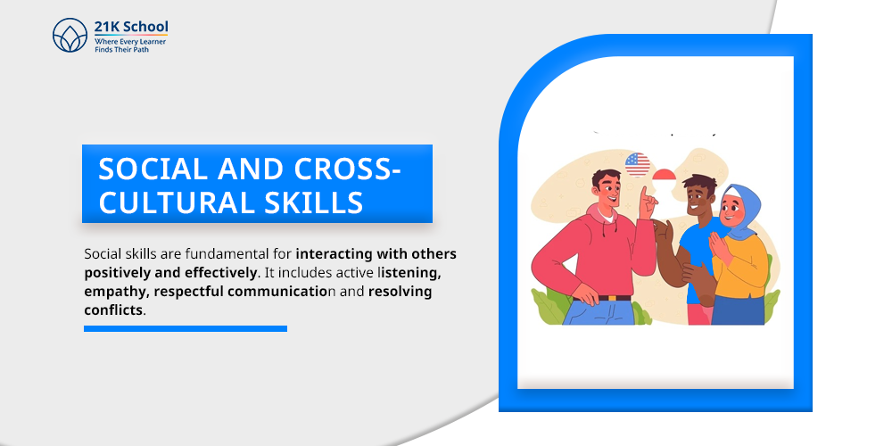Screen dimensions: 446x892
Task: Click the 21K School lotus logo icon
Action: tap(70, 36)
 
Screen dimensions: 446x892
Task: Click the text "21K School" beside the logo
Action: tap(130, 28)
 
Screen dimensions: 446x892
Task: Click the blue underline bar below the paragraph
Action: tap(186, 328)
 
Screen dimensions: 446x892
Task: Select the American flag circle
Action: tap(637, 165)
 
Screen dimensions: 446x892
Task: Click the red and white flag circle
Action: tap(665, 178)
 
